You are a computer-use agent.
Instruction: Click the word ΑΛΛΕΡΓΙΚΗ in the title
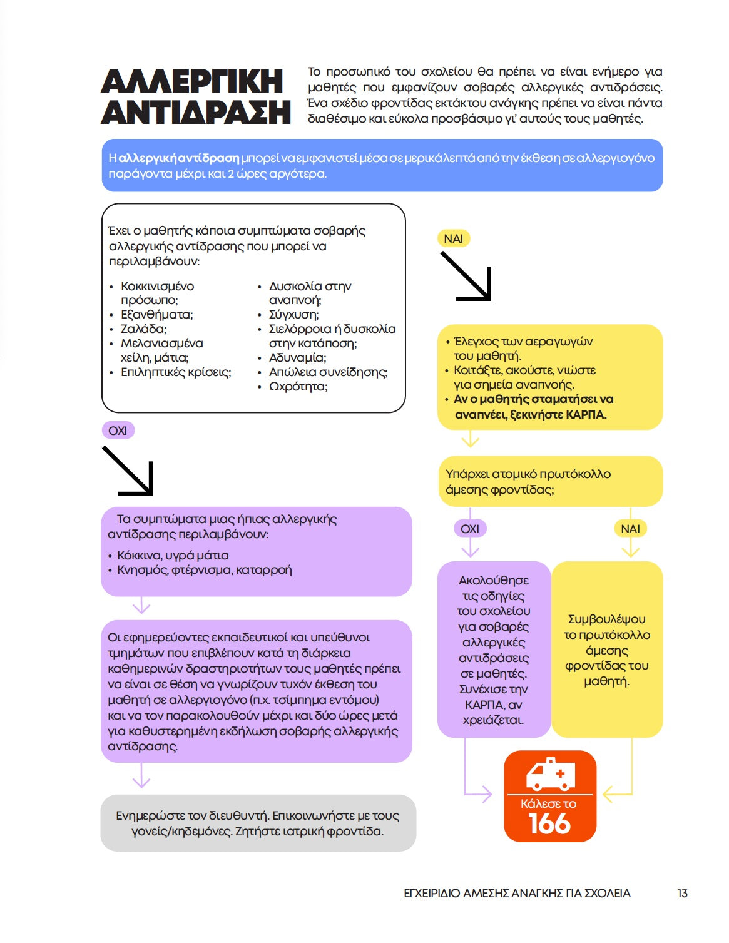pyautogui.click(x=191, y=82)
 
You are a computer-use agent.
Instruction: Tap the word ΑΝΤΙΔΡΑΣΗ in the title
pyautogui.click(x=196, y=113)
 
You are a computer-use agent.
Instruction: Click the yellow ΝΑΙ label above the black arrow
pyautogui.click(x=453, y=238)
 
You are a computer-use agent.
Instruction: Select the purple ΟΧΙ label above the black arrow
pyautogui.click(x=118, y=431)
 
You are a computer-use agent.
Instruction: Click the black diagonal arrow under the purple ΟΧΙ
pyautogui.click(x=128, y=471)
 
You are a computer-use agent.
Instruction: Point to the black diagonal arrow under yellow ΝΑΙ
pyautogui.click(x=466, y=277)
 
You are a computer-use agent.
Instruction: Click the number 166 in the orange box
pyautogui.click(x=549, y=823)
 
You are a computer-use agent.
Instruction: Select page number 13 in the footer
pyautogui.click(x=682, y=894)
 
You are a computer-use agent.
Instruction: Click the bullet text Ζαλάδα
pyautogui.click(x=143, y=329)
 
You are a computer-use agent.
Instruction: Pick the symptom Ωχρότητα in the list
pyautogui.click(x=298, y=387)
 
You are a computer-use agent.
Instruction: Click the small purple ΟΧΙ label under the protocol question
pyautogui.click(x=469, y=529)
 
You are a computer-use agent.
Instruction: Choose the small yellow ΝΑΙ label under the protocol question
pyautogui.click(x=630, y=529)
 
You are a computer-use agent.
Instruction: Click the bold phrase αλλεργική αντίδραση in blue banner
pyautogui.click(x=178, y=158)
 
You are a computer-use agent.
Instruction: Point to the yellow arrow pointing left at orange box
pyautogui.click(x=616, y=795)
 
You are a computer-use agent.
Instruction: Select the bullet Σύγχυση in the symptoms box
pyautogui.click(x=293, y=315)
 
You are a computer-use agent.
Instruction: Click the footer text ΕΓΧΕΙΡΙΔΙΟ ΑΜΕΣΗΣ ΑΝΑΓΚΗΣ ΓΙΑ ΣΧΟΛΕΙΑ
pyautogui.click(x=517, y=894)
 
